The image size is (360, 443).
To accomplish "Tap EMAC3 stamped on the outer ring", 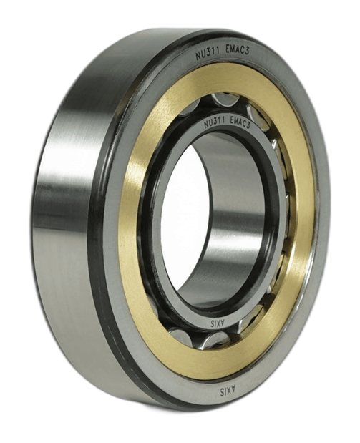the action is click(x=238, y=52).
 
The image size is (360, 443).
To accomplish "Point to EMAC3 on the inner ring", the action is click(x=240, y=123).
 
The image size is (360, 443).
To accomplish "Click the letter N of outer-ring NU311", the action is click(x=198, y=57).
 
